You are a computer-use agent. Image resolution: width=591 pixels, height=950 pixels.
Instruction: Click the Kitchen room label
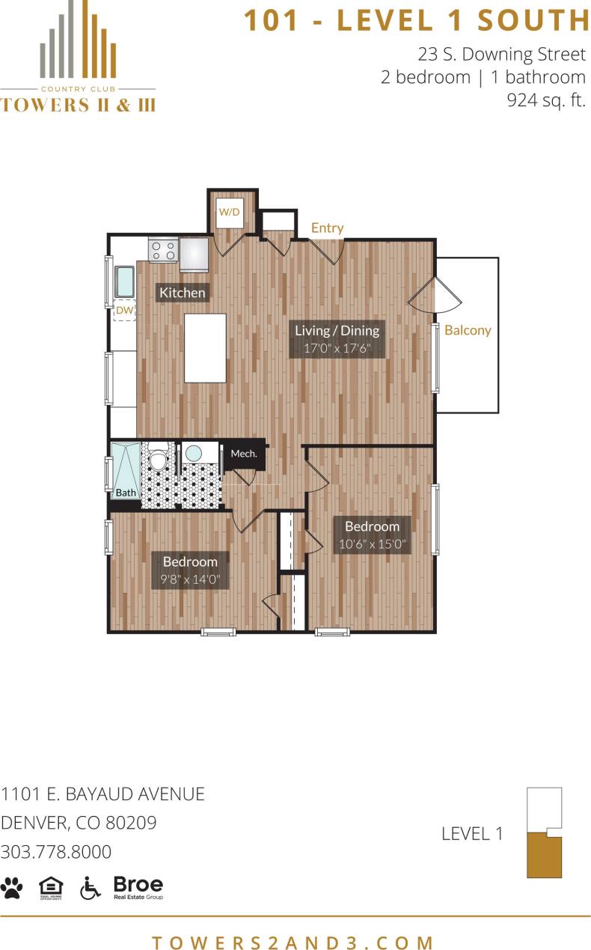[x=182, y=293]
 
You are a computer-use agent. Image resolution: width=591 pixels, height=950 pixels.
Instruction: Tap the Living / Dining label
[x=337, y=330]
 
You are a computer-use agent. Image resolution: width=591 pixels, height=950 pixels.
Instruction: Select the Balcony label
[x=468, y=330]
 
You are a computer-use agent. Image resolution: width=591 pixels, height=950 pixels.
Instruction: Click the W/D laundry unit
[x=229, y=213]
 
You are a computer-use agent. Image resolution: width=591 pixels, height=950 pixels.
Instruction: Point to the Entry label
[x=327, y=228]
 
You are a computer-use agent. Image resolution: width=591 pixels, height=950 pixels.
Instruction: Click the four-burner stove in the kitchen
[x=163, y=250]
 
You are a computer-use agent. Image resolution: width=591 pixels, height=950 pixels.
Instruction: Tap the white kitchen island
[x=205, y=347]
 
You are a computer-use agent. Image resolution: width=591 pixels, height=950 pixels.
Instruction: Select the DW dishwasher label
[x=124, y=309]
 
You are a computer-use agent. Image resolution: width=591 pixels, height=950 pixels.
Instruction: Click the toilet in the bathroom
[x=158, y=456]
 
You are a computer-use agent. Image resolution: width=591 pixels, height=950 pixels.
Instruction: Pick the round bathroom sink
[x=194, y=454]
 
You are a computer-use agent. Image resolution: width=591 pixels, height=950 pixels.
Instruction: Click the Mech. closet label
[x=244, y=454]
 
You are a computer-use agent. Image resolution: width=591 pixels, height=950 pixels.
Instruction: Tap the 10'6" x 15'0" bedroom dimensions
[x=372, y=544]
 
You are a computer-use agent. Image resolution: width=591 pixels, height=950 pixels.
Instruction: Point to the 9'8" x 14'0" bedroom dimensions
[x=190, y=579]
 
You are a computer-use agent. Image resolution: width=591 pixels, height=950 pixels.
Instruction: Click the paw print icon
[x=12, y=887]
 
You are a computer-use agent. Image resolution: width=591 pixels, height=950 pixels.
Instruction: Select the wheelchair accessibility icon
[x=90, y=887]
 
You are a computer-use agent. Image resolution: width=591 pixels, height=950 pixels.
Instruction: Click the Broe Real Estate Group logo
[x=138, y=887]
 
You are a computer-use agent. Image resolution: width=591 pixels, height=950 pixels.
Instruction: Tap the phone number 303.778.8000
[x=56, y=852]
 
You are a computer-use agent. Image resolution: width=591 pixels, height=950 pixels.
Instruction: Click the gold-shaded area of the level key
[x=544, y=857]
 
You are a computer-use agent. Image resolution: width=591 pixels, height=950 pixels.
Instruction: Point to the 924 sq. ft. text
[x=546, y=100]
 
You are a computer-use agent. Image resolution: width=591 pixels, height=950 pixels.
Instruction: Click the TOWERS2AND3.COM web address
[x=294, y=942]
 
